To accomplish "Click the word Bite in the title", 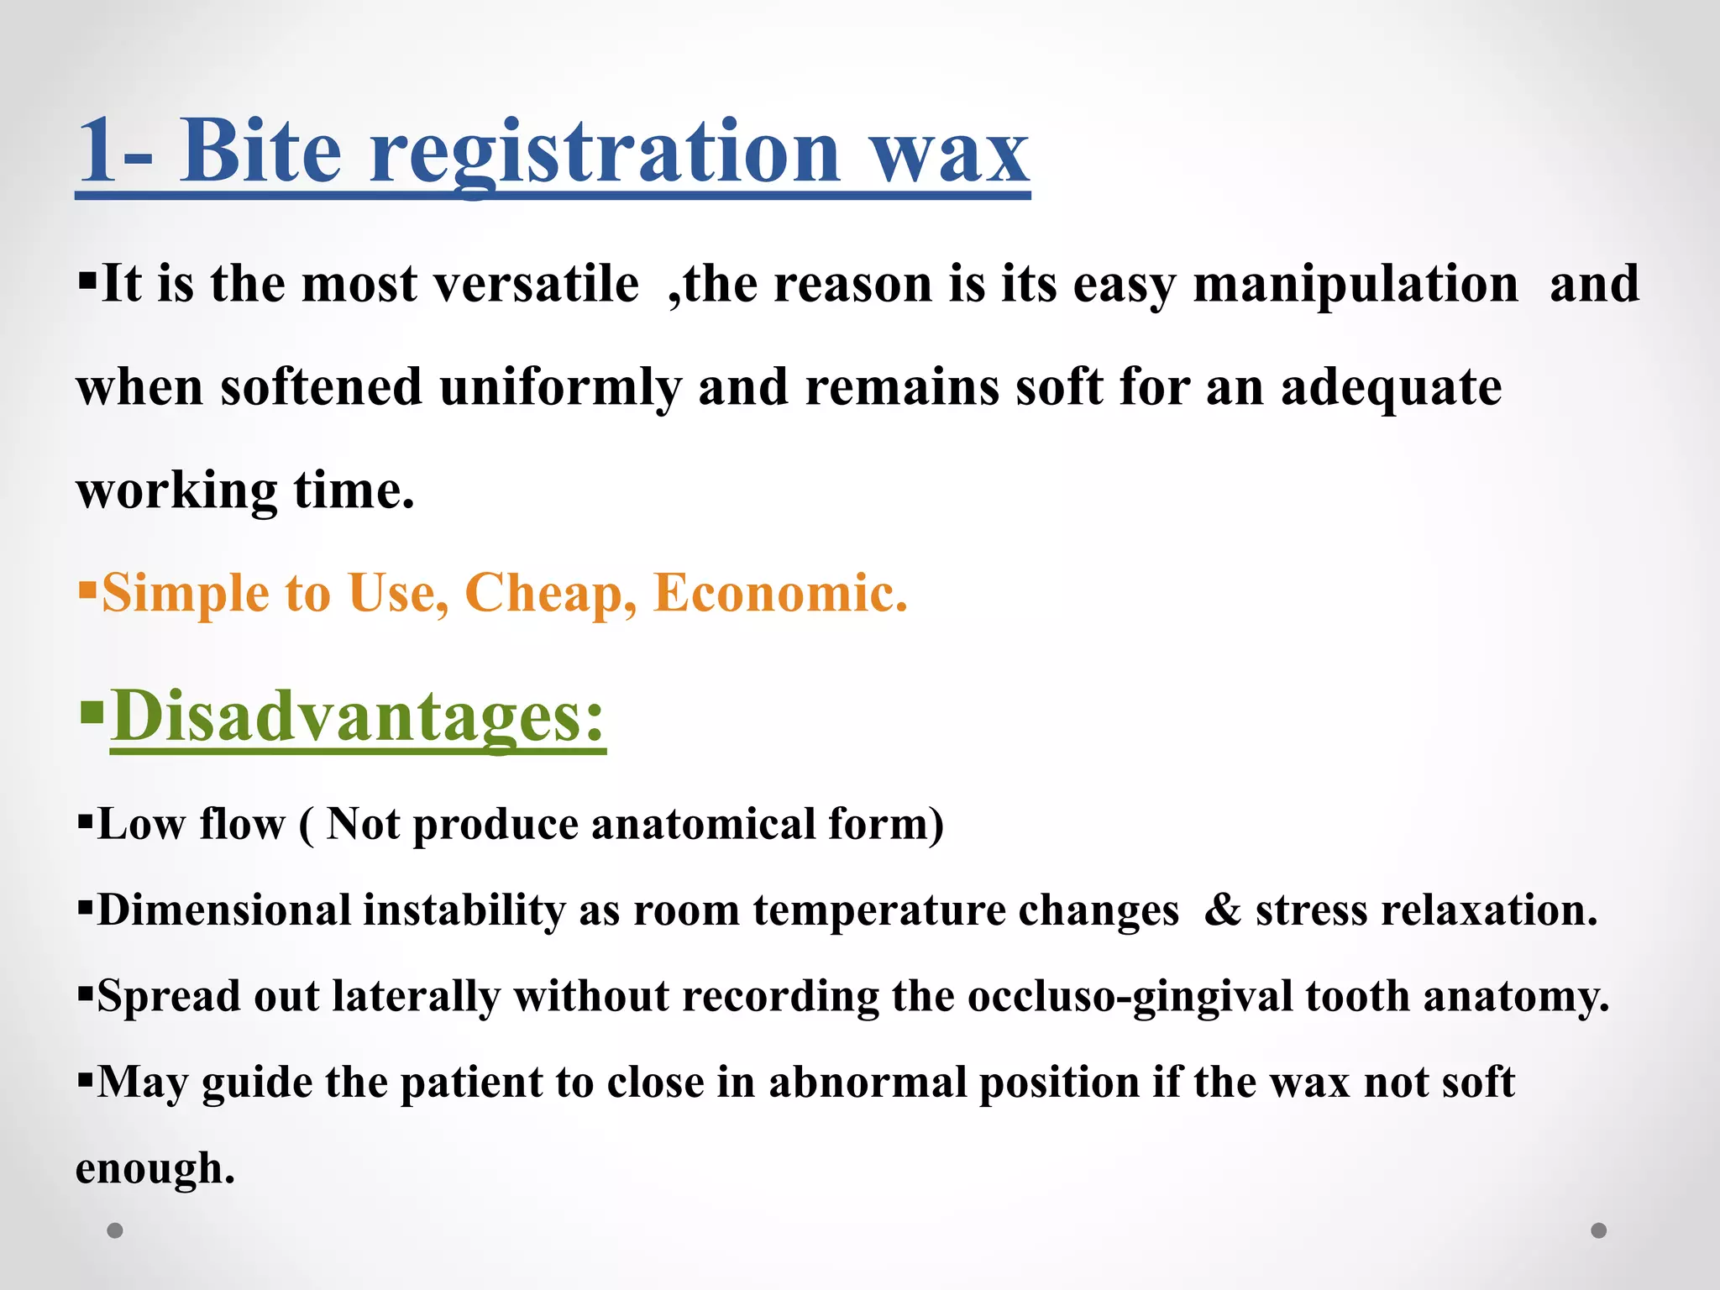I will click(x=260, y=151).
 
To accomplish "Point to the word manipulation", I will click(x=1356, y=285).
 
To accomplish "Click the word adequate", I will click(x=1392, y=388).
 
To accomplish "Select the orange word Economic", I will click(x=780, y=593).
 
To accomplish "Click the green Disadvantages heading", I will click(x=358, y=716).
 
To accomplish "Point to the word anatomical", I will click(x=704, y=824).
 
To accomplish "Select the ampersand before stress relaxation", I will click(x=1223, y=910).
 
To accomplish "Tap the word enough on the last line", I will click(x=155, y=1169).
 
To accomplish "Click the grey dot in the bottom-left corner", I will click(x=115, y=1230).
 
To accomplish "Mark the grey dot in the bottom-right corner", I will click(x=1599, y=1230).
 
